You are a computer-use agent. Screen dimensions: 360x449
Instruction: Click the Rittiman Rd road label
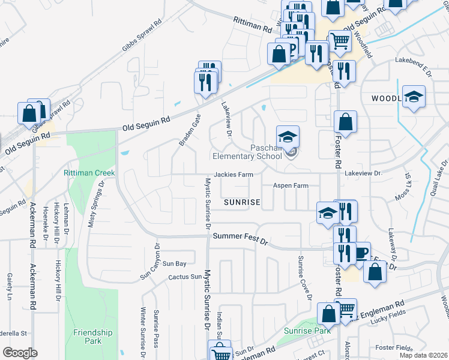(x=253, y=28)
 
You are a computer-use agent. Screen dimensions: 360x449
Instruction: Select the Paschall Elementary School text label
(x=266, y=152)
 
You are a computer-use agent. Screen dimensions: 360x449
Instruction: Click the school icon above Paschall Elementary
(x=288, y=136)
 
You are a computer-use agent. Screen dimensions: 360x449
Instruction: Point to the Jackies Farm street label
(x=233, y=175)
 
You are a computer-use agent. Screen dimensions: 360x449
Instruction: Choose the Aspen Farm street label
(x=291, y=186)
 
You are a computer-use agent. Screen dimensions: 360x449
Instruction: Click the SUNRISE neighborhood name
(x=242, y=203)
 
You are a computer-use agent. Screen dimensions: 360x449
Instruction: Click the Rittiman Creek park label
(x=89, y=173)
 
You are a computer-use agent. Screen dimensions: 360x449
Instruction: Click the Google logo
(x=20, y=353)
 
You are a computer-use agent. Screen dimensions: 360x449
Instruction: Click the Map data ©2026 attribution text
(x=423, y=355)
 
